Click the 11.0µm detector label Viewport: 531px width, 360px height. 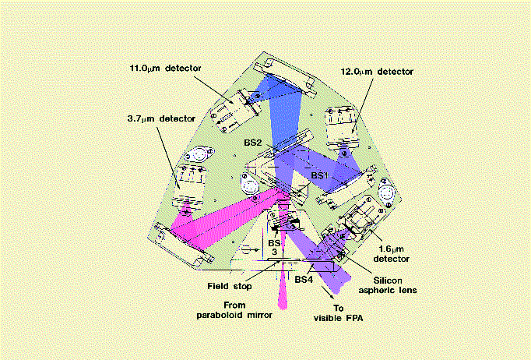coord(166,68)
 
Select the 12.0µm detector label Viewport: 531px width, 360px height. coord(378,72)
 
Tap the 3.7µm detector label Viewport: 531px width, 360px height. coord(161,119)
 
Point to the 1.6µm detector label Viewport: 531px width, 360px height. coord(391,254)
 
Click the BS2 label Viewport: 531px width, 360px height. coord(253,143)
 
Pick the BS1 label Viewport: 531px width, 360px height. coord(320,175)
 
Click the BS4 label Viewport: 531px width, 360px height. coord(304,280)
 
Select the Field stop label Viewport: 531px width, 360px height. coord(230,286)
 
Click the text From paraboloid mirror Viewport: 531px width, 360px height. coord(234,310)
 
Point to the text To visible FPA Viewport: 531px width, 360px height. coord(339,313)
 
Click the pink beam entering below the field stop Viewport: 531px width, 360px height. coord(283,291)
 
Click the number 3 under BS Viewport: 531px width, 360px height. coord(274,252)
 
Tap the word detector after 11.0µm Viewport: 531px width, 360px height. coord(183,68)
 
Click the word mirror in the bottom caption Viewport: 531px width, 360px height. coord(259,315)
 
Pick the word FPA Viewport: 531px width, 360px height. coord(353,318)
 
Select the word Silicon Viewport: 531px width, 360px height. coord(388,281)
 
